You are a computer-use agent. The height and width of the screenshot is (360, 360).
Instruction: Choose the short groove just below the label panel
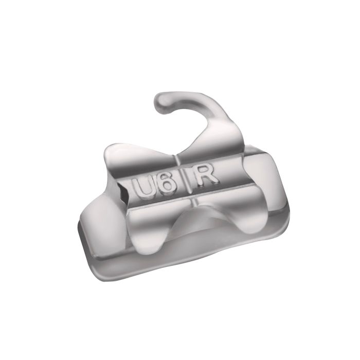coord(192,203)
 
